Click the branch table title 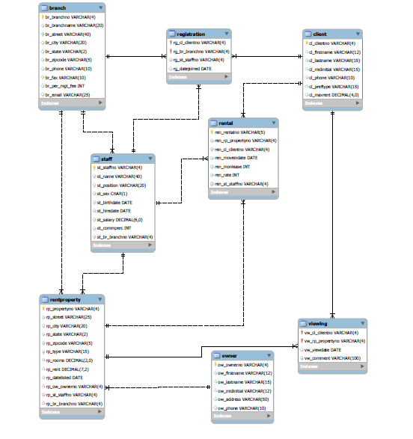(x=58, y=7)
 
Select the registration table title (x=192, y=34)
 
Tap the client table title (x=319, y=34)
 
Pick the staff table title (x=108, y=159)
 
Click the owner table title (x=229, y=355)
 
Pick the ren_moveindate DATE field (x=236, y=158)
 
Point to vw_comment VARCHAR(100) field (x=333, y=358)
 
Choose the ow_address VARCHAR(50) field (x=244, y=399)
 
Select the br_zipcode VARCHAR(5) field (x=68, y=60)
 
